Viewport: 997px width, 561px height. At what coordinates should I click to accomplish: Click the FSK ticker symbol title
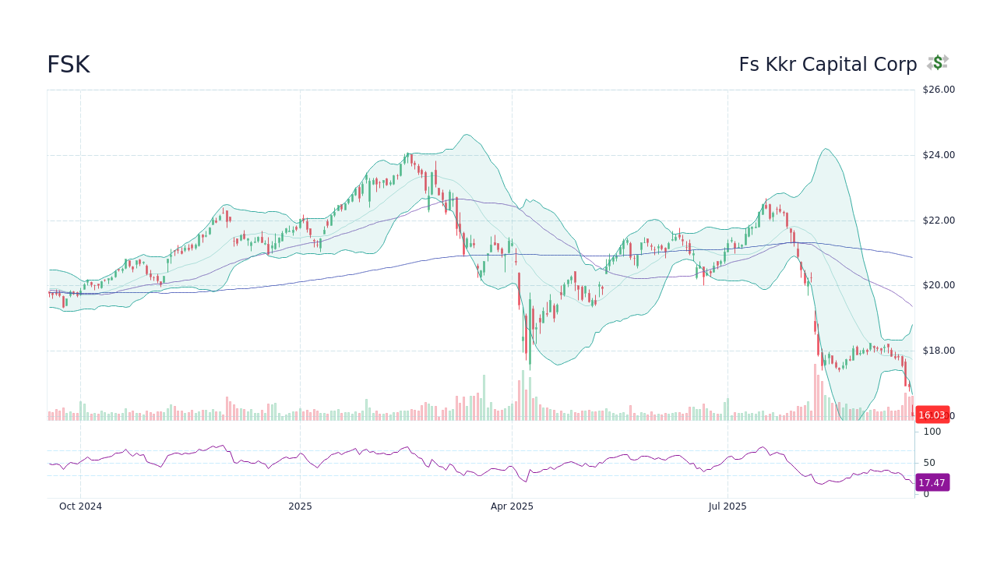69,65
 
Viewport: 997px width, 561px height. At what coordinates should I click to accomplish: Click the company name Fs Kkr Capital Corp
828,65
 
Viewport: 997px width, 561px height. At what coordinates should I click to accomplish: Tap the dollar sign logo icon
938,62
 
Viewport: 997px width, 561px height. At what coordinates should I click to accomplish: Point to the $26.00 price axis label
938,90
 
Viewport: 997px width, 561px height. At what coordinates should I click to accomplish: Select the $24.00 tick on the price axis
938,155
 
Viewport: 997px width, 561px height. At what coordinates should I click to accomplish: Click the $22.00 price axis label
938,221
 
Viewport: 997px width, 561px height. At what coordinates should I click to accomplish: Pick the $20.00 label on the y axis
938,285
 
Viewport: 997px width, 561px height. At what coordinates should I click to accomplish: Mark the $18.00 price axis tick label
938,351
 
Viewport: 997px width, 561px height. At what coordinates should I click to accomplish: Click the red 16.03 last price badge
932,415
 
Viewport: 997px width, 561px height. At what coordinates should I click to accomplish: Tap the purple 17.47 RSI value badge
932,483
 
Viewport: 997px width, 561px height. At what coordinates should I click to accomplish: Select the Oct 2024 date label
80,506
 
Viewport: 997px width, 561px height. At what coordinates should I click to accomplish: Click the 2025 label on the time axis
300,506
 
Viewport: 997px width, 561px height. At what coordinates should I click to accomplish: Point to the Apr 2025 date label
512,506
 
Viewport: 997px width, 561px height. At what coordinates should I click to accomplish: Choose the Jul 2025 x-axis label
727,506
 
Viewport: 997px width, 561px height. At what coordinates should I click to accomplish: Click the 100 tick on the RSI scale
932,432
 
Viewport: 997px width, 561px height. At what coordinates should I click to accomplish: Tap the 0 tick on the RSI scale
926,494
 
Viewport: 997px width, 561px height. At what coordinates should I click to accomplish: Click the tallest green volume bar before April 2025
484,397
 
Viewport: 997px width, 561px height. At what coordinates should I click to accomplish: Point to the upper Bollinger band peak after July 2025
826,149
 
